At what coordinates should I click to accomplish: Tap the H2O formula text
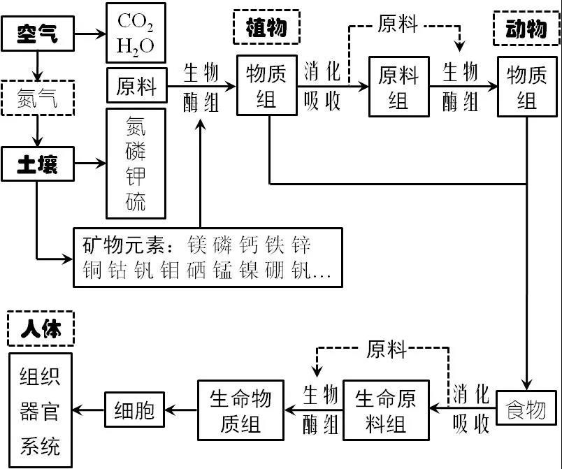pos(136,47)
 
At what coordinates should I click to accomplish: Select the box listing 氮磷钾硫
pos(136,164)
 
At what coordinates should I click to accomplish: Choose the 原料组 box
pos(398,87)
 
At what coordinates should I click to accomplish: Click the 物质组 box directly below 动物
pos(526,87)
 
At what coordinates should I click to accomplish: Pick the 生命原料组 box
pos(385,410)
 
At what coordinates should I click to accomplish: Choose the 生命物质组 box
pos(241,410)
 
